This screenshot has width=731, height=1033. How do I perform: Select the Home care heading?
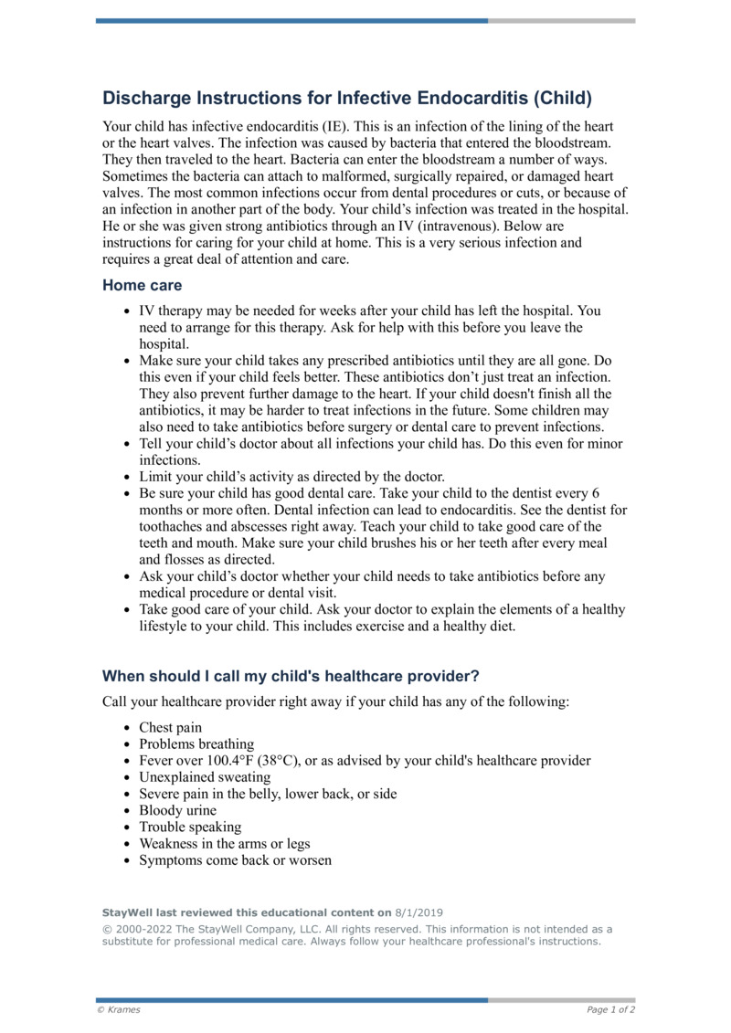point(142,286)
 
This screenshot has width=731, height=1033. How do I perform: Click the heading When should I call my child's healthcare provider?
point(291,677)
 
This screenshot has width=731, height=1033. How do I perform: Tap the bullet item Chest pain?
point(170,728)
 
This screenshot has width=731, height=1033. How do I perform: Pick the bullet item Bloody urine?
point(177,810)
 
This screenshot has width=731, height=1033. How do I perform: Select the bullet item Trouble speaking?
point(190,827)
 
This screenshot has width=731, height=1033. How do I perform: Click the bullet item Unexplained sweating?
point(205,777)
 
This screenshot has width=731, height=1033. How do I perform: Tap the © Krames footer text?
point(119,1010)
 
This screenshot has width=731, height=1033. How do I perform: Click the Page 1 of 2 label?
point(610,1010)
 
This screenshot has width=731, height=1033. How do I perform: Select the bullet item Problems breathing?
point(196,744)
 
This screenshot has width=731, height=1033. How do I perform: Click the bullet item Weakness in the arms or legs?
point(224,844)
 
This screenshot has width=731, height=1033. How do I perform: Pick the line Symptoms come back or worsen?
point(235,860)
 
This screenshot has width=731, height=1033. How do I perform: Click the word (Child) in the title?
point(563,98)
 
